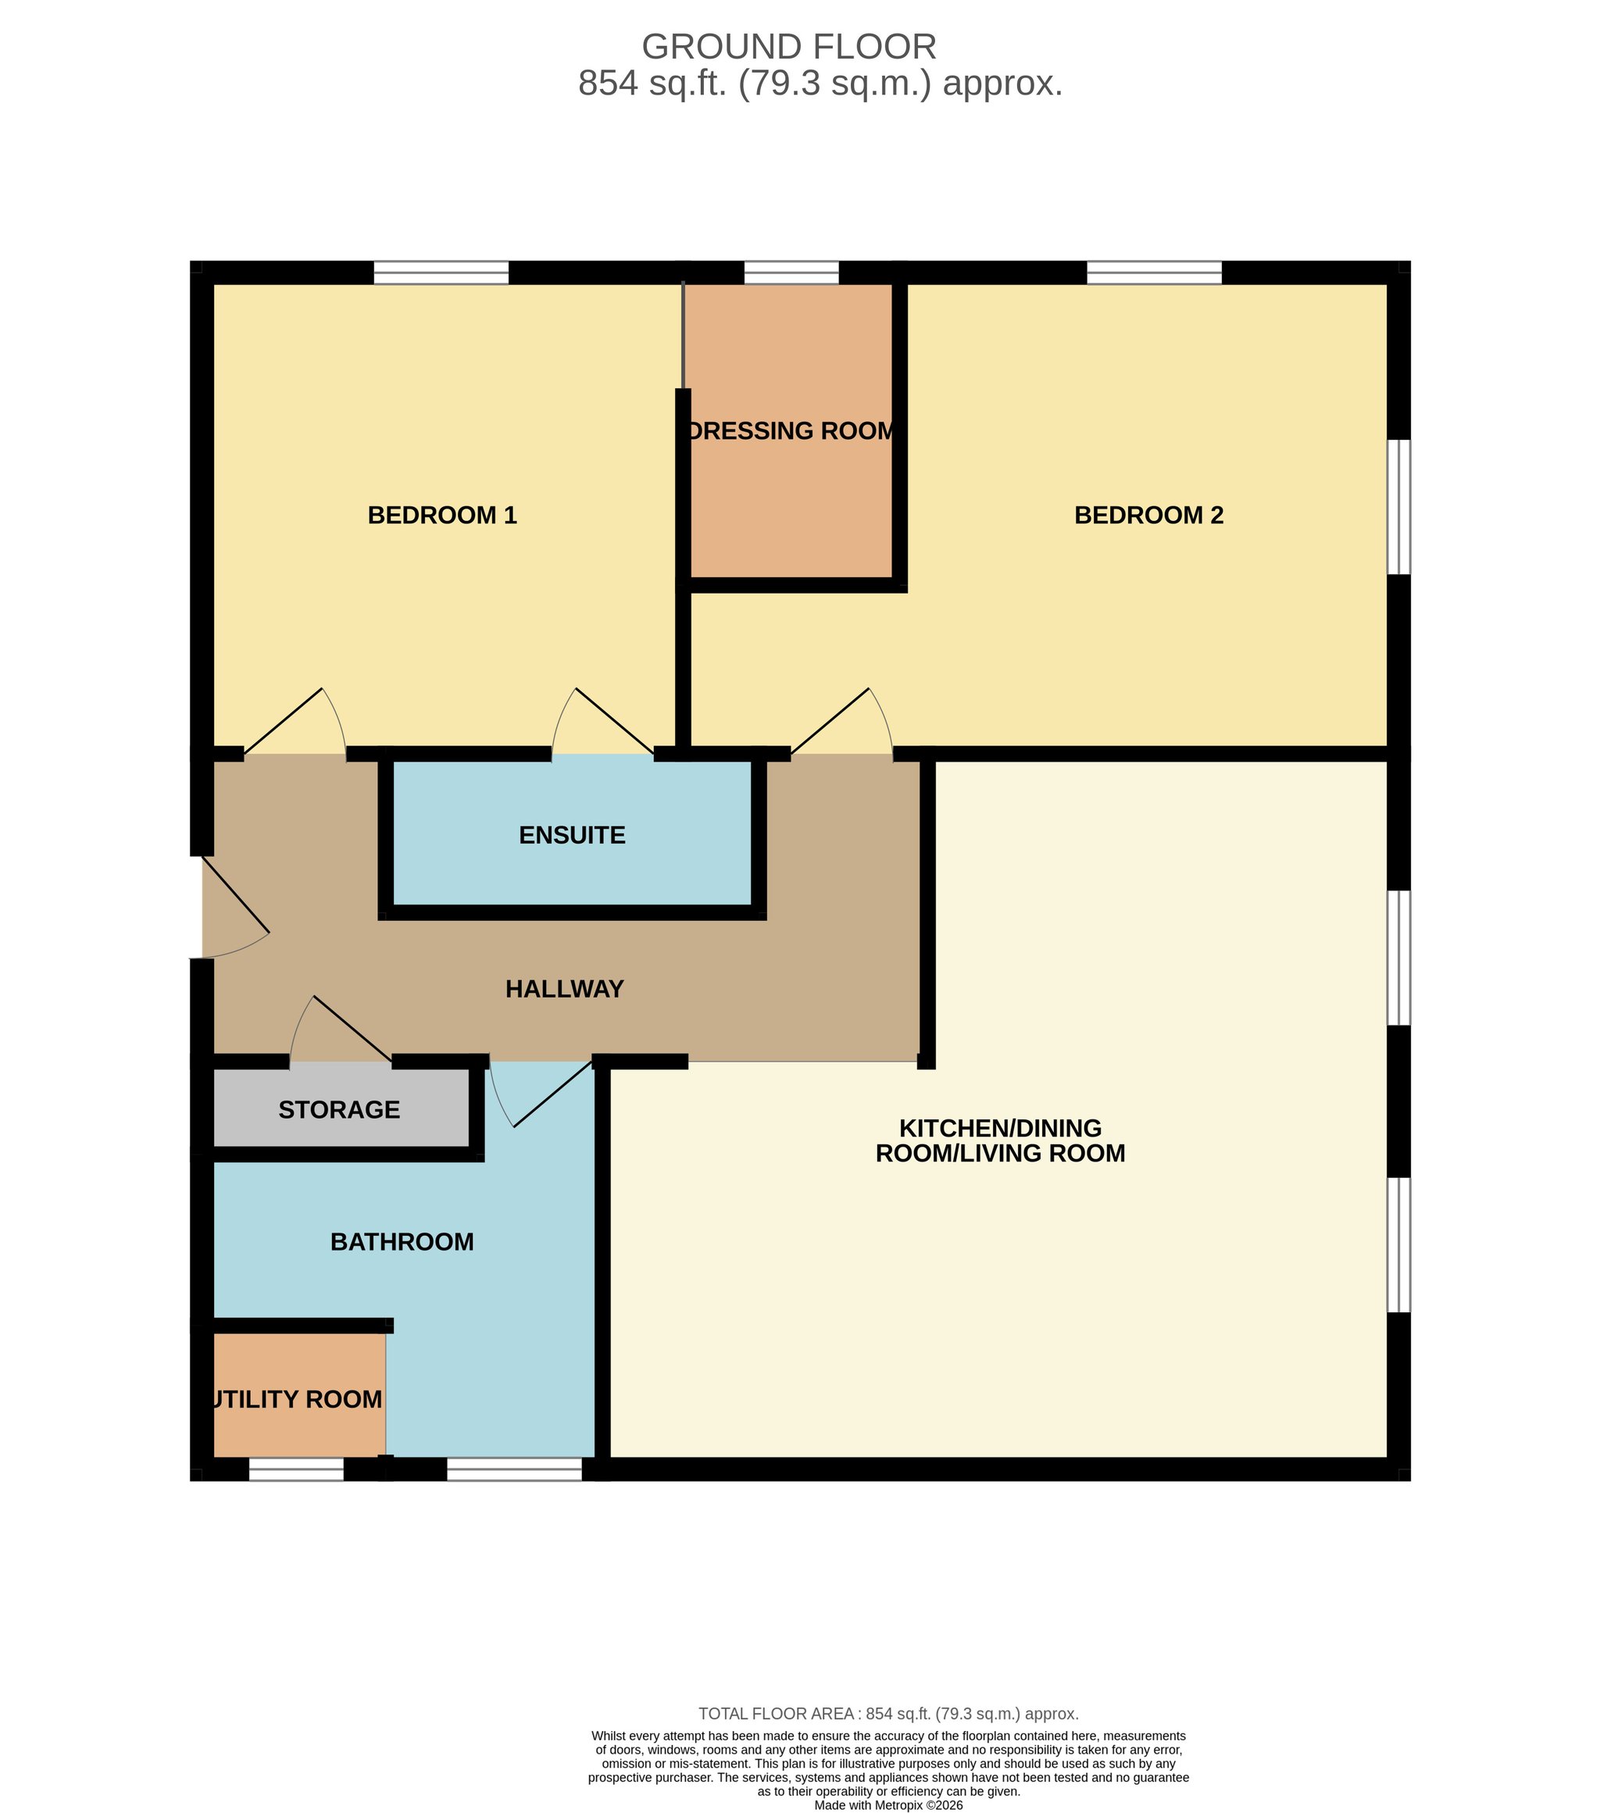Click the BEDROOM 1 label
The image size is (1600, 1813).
click(441, 516)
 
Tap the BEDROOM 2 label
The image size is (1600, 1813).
click(1148, 516)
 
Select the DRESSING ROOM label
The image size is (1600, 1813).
click(791, 431)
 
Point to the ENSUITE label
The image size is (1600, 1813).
click(572, 836)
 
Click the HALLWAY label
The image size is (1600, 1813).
click(565, 989)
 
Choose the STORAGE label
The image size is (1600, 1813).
click(339, 1110)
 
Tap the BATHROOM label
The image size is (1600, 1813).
click(402, 1242)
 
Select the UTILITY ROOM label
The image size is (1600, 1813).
click(298, 1400)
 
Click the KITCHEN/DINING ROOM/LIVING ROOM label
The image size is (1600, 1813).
click(1001, 1140)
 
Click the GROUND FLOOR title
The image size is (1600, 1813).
click(788, 46)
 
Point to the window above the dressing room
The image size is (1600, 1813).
click(791, 273)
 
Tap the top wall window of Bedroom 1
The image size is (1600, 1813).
click(441, 273)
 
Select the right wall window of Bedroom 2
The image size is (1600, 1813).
click(1398, 508)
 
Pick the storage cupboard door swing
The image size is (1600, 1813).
click(341, 1029)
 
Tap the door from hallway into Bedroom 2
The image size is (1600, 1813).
click(841, 721)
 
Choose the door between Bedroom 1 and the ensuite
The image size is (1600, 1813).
click(603, 721)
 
